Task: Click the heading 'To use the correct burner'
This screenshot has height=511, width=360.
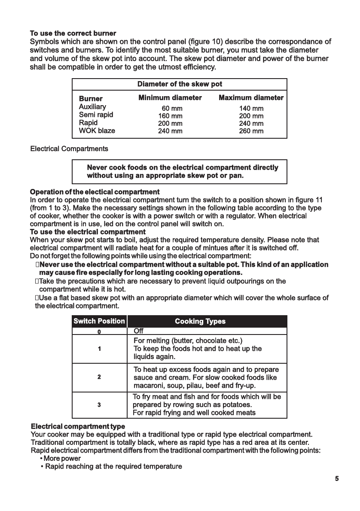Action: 73,33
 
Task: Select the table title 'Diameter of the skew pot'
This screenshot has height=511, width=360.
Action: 180,84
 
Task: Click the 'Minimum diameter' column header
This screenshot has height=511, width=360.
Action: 170,98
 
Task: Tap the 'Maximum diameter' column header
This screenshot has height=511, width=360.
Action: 251,98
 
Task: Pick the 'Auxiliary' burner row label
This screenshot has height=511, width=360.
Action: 92,107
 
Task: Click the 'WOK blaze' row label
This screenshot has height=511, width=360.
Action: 97,131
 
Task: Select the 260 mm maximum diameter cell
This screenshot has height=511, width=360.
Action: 251,131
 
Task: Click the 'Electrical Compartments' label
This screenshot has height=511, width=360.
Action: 69,149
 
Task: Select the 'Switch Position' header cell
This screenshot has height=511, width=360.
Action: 99,321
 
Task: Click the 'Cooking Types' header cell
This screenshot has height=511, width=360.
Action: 200,321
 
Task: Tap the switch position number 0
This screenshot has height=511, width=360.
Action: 99,332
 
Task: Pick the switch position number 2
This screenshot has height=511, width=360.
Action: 99,377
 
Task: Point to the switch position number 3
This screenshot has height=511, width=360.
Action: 99,405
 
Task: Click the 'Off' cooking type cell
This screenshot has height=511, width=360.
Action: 139,331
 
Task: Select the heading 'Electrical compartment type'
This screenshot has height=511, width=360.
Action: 78,426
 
